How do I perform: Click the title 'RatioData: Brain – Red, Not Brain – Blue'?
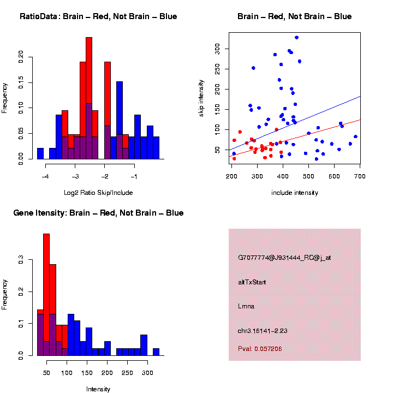click(x=98, y=16)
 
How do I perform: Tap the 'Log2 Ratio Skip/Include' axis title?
click(x=98, y=193)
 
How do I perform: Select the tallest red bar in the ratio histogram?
click(x=89, y=98)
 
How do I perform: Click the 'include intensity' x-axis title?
click(x=295, y=193)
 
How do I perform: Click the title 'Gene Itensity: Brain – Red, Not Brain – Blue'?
click(x=98, y=213)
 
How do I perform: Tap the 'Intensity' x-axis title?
click(x=98, y=389)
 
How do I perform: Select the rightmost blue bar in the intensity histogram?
click(x=156, y=352)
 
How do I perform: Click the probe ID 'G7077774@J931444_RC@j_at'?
click(x=284, y=258)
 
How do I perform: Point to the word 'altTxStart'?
click(x=252, y=282)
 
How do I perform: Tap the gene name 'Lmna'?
click(x=246, y=306)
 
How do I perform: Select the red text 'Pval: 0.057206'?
click(x=260, y=348)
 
